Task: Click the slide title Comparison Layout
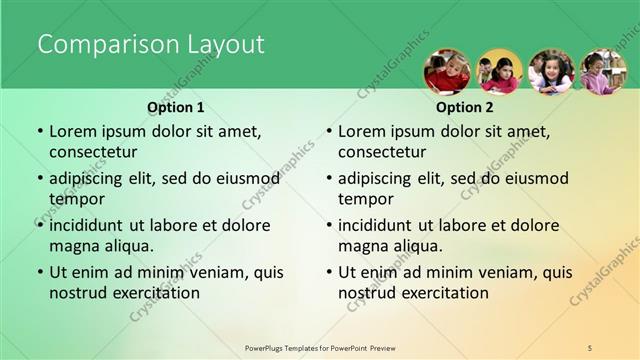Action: [151, 45]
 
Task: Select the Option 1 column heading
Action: [176, 107]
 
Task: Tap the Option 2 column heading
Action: [465, 107]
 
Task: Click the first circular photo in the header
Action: [447, 72]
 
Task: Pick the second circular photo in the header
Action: [499, 72]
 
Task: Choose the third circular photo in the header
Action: [551, 72]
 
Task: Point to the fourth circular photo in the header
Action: [603, 72]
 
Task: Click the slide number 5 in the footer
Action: [590, 347]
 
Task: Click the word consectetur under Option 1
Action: [93, 152]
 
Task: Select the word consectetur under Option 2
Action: [382, 152]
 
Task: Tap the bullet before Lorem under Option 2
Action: [329, 132]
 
